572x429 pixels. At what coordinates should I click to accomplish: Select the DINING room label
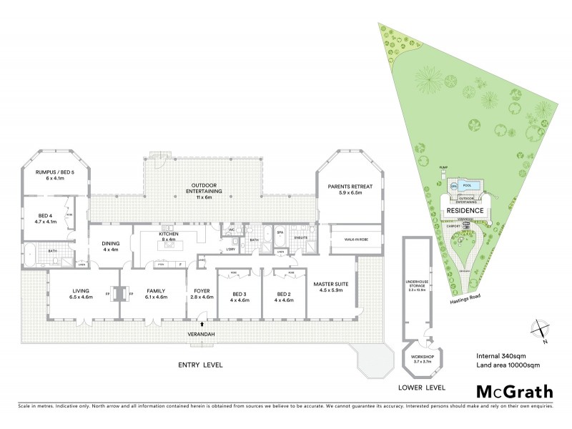point(111,246)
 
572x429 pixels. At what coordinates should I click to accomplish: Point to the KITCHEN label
point(169,236)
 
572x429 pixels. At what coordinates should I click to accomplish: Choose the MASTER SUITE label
point(331,287)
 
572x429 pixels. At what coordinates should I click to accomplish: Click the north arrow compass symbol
point(541,329)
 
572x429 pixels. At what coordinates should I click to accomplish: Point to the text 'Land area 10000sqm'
point(507,365)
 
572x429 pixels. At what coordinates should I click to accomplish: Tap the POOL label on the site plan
point(468,185)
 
